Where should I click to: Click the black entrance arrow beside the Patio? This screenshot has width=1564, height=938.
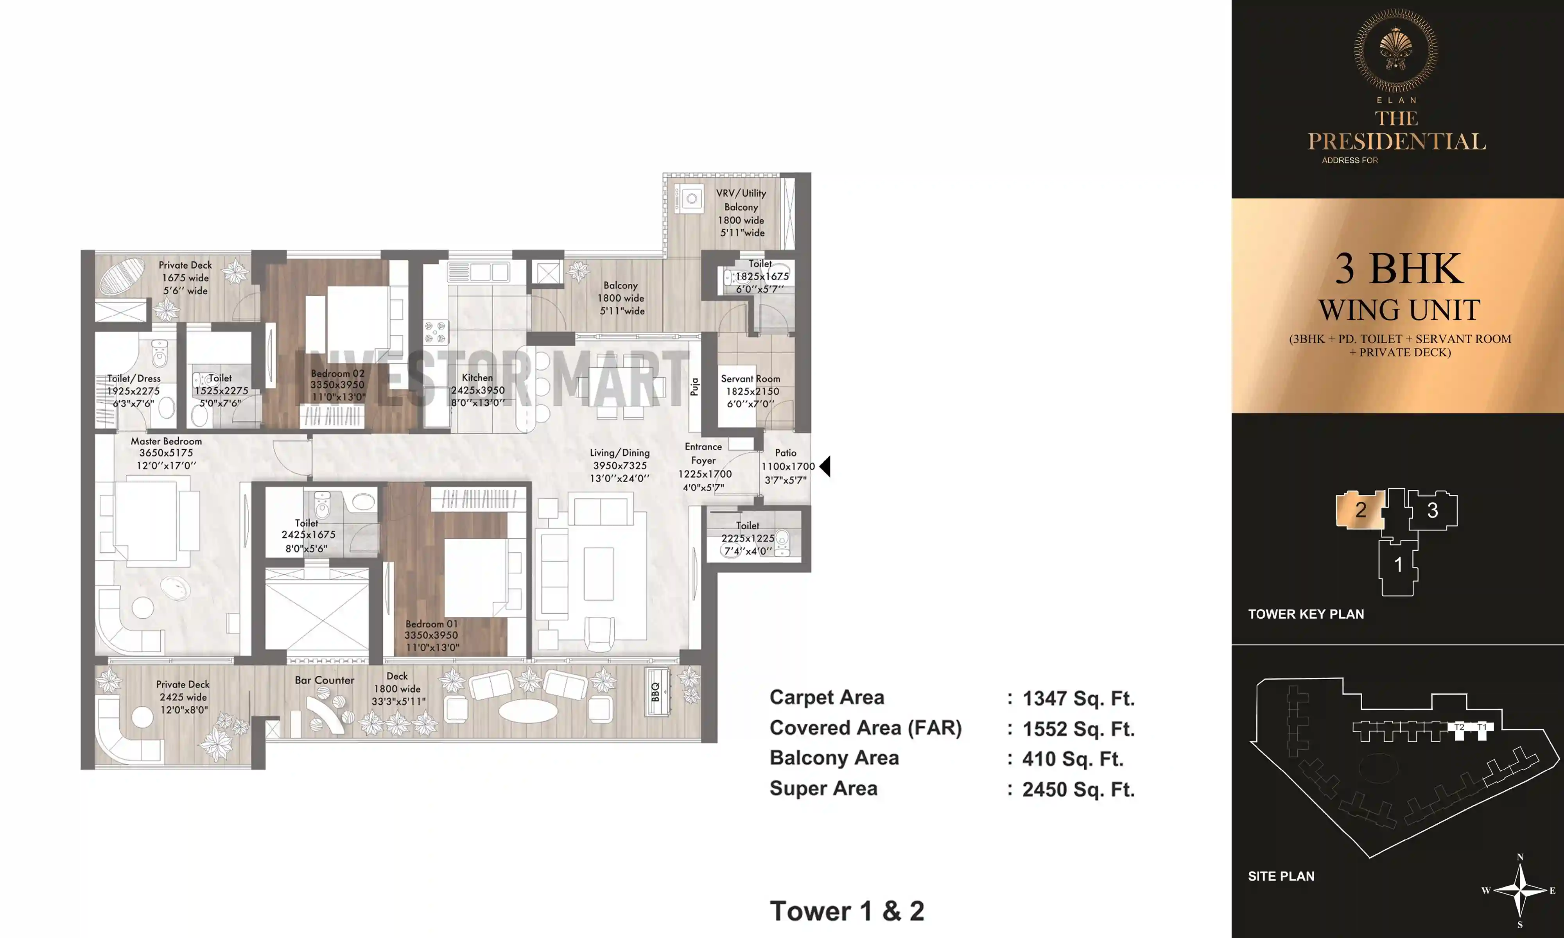(825, 467)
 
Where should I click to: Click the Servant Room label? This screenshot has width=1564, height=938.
(750, 379)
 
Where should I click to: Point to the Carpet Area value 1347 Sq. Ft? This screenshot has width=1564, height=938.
(1078, 698)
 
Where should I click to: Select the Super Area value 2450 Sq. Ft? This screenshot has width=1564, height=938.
(1078, 789)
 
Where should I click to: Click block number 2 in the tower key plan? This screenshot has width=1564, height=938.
(1360, 510)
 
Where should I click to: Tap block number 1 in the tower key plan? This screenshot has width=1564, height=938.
(1398, 564)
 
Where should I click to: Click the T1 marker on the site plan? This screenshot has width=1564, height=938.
(1481, 727)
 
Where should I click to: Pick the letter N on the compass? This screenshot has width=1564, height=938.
(1520, 857)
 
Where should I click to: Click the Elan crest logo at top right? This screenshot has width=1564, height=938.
(1396, 50)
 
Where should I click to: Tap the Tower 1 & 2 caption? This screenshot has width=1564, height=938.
(847, 911)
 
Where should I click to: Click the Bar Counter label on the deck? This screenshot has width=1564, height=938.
(324, 680)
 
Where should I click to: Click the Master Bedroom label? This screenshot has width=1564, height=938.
(166, 441)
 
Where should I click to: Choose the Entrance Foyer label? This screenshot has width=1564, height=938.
(703, 453)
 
